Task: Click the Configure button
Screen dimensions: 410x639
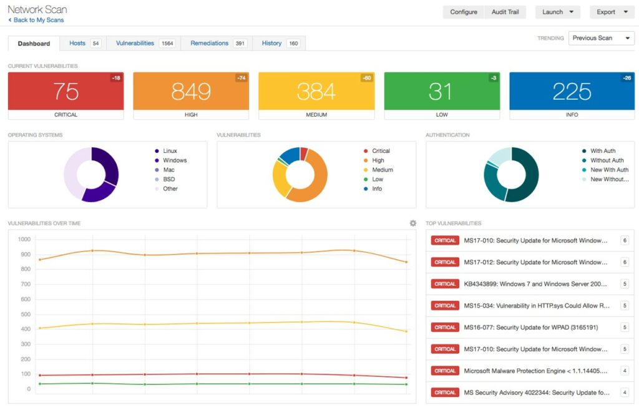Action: click(x=464, y=12)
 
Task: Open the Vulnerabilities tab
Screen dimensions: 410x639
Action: click(x=135, y=43)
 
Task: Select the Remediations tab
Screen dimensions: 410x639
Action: click(x=209, y=43)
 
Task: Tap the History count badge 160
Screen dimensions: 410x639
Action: click(x=293, y=44)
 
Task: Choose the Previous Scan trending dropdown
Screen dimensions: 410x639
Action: click(x=601, y=38)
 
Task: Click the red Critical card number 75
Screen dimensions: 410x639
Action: click(x=66, y=91)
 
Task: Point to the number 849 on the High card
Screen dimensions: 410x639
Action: click(x=191, y=91)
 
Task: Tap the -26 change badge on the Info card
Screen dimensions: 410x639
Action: click(x=627, y=78)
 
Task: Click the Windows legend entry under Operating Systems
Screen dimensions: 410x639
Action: click(x=175, y=160)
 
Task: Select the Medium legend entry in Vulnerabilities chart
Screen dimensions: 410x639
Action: click(x=383, y=170)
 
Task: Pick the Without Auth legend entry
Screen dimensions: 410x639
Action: click(x=607, y=160)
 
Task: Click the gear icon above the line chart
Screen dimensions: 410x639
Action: click(x=412, y=223)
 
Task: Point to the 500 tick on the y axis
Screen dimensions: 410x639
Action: click(x=24, y=300)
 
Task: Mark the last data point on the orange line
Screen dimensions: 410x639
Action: click(x=406, y=262)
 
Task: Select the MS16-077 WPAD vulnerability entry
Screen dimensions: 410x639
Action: click(x=530, y=328)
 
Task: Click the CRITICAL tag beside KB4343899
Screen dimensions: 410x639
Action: click(x=445, y=284)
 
